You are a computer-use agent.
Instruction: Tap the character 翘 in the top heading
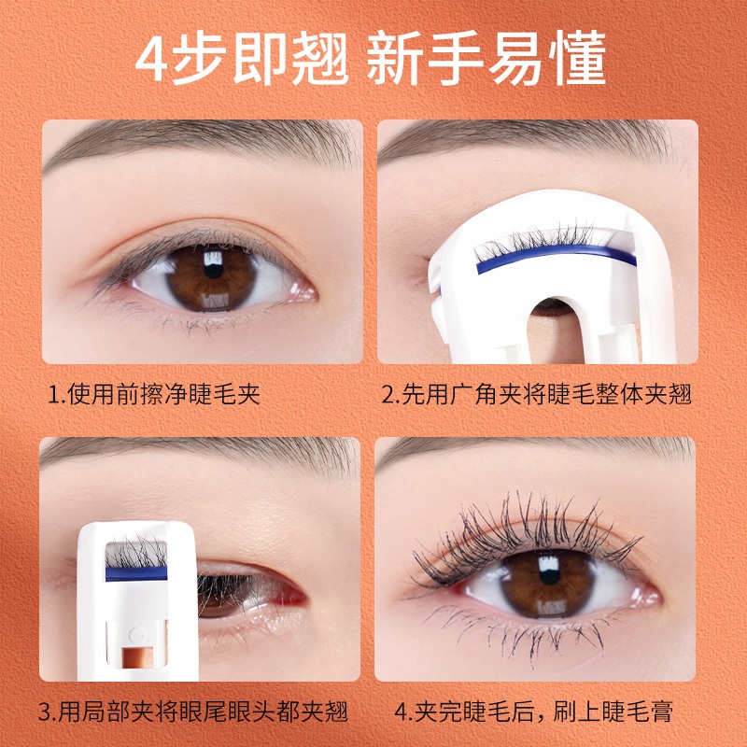(320, 59)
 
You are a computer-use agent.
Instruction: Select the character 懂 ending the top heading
(577, 59)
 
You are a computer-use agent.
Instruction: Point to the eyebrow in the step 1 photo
(200, 142)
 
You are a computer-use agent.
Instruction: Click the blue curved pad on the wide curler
(556, 258)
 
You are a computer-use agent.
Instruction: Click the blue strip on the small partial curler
(136, 573)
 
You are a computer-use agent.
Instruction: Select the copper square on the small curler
(137, 657)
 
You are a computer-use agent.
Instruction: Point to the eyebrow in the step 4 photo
(533, 453)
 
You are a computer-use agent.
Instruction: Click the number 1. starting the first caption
(57, 395)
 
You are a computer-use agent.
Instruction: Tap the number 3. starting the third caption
(48, 712)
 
